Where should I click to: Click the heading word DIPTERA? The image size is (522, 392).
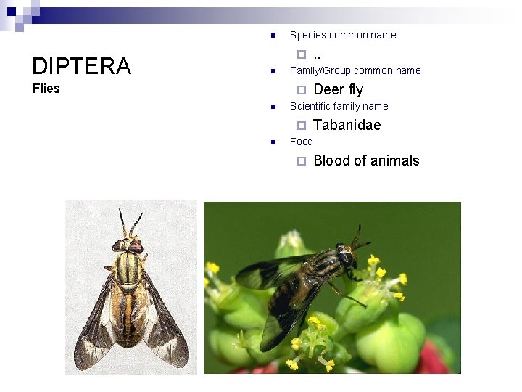(81, 66)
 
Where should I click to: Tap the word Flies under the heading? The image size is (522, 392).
(46, 89)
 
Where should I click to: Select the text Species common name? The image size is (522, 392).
(343, 35)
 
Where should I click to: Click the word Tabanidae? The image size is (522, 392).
(347, 125)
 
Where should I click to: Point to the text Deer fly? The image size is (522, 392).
(338, 89)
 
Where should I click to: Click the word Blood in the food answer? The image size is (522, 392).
(331, 160)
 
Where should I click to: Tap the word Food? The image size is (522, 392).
(302, 142)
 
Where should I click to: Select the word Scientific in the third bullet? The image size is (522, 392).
(310, 106)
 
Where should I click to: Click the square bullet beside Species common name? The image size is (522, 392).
(272, 36)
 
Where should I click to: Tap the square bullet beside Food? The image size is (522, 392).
(272, 142)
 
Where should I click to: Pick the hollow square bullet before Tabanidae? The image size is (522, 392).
(302, 126)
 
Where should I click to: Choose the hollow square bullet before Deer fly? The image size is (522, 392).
(302, 90)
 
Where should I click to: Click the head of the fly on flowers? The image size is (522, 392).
(347, 256)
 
